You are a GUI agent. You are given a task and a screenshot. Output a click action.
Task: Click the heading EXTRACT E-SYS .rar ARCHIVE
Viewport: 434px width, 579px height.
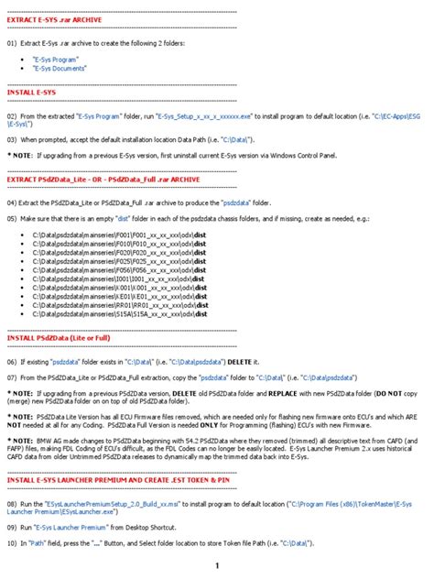pyautogui.click(x=55, y=19)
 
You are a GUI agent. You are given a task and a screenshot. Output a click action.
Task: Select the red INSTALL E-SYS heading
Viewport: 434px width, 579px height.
pyautogui.click(x=31, y=93)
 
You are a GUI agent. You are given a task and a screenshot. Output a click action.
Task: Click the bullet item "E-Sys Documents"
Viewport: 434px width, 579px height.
pyautogui.click(x=61, y=68)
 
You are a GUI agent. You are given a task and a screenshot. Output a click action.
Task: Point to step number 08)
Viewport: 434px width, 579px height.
pyautogui.click(x=12, y=504)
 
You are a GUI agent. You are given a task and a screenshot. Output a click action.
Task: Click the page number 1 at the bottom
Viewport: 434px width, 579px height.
pyautogui.click(x=217, y=565)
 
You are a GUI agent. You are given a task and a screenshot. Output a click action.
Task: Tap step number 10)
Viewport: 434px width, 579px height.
pyautogui.click(x=12, y=543)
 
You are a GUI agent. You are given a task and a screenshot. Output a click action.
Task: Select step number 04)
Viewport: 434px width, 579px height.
pyautogui.click(x=12, y=201)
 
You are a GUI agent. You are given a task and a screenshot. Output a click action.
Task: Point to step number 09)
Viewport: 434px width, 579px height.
pyautogui.click(x=12, y=529)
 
